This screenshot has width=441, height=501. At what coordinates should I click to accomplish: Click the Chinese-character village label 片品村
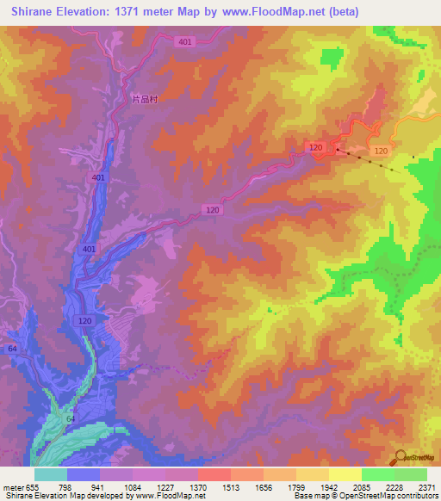(x=146, y=99)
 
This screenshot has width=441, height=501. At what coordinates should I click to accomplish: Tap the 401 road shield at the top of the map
(x=184, y=42)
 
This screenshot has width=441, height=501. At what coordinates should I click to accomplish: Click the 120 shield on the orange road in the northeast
(x=381, y=151)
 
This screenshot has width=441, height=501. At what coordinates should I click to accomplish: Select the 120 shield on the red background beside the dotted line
(x=315, y=148)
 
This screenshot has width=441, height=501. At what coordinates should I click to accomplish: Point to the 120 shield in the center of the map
(x=213, y=210)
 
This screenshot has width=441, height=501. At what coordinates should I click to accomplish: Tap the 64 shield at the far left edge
(x=12, y=349)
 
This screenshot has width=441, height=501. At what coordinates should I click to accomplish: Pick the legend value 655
(x=33, y=487)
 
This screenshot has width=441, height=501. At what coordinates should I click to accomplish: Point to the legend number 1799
(x=295, y=487)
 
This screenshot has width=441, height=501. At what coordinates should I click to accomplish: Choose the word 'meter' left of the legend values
(x=13, y=487)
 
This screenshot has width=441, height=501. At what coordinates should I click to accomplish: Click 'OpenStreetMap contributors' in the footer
(x=379, y=497)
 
